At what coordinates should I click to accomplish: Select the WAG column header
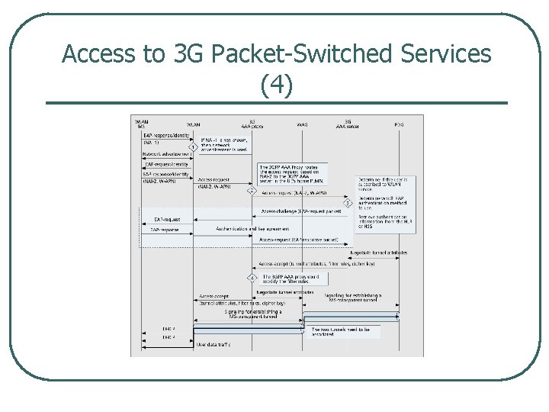click(302, 124)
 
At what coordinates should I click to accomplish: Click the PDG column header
click(399, 124)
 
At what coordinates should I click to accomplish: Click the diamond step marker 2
click(251, 192)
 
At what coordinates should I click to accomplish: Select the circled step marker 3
click(348, 203)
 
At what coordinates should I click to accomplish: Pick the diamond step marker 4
click(252, 278)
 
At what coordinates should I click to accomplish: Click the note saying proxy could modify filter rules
click(291, 278)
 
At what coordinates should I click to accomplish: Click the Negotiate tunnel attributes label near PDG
click(379, 253)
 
